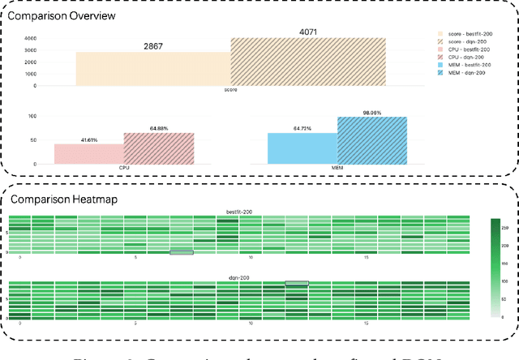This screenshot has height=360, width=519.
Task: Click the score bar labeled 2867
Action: (153, 68)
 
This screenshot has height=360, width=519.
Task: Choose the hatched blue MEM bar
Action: (360, 140)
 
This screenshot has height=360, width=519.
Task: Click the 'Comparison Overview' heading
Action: (50, 15)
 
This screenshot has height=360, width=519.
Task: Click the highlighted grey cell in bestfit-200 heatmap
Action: (182, 252)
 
